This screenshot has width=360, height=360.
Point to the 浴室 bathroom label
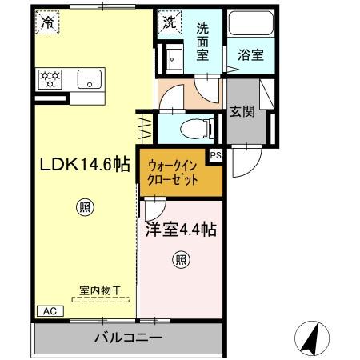click(x=250, y=56)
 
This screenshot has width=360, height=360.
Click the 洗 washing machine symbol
click(x=170, y=23)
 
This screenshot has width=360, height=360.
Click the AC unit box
click(x=47, y=310)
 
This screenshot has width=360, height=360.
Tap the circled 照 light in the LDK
click(x=85, y=208)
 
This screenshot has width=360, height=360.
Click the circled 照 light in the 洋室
click(x=181, y=259)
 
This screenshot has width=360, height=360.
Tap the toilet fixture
click(x=195, y=126)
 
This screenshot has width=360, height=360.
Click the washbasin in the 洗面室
click(x=175, y=57)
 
